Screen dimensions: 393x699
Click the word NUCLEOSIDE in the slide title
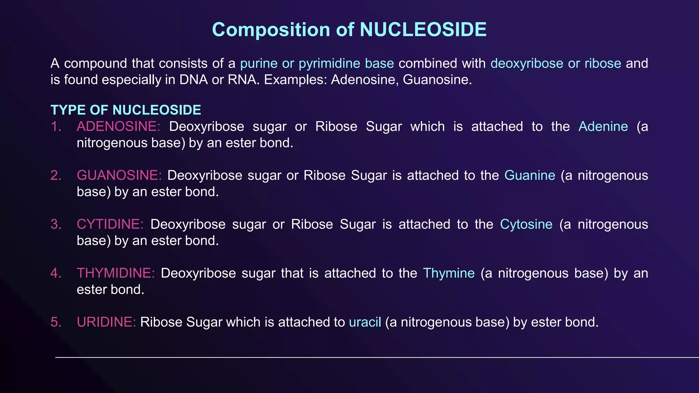[423, 30]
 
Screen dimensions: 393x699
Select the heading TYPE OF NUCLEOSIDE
[126, 110]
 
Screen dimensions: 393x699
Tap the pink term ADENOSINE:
[118, 127]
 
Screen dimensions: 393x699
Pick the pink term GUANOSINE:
[119, 175]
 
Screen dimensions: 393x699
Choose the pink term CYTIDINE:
[110, 224]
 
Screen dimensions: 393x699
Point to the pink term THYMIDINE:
[116, 273]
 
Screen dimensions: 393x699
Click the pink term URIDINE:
[106, 322]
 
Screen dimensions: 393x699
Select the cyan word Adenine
[603, 127]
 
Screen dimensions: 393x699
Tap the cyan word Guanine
[530, 175]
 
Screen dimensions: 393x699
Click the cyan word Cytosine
[526, 224]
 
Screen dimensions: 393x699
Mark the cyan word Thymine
[448, 273]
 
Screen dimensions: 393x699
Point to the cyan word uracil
[365, 322]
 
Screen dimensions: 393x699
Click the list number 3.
[56, 224]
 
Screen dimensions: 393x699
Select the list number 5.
[56, 322]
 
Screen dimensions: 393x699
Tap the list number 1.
[56, 127]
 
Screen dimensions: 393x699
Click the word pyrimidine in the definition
[329, 64]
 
